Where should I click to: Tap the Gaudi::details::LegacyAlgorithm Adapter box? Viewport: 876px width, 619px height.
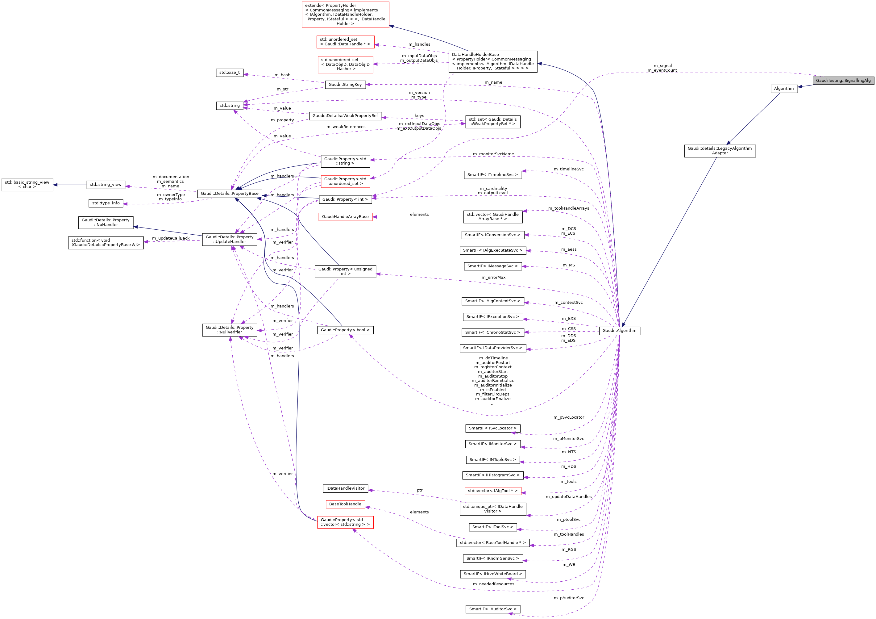pos(720,151)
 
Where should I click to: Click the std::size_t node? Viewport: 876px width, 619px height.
pos(229,73)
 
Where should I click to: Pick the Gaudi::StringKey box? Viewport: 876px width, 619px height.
pos(345,85)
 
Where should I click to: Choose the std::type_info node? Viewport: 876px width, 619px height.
pos(106,203)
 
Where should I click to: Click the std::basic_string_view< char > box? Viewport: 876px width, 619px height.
pos(27,185)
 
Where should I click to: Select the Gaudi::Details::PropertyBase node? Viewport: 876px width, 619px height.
pos(230,194)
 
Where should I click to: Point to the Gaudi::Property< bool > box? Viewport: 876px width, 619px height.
pos(345,330)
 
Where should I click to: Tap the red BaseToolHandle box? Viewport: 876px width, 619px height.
pos(345,504)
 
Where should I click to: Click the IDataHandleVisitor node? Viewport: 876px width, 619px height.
pos(345,488)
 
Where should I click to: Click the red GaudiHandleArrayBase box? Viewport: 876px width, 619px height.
pos(345,217)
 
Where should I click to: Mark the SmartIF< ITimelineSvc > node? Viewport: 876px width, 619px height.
pos(492,175)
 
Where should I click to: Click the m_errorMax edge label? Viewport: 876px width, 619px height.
pos(493,278)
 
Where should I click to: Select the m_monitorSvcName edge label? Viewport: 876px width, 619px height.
pos(493,154)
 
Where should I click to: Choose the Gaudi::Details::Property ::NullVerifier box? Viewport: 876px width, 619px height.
pos(230,330)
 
